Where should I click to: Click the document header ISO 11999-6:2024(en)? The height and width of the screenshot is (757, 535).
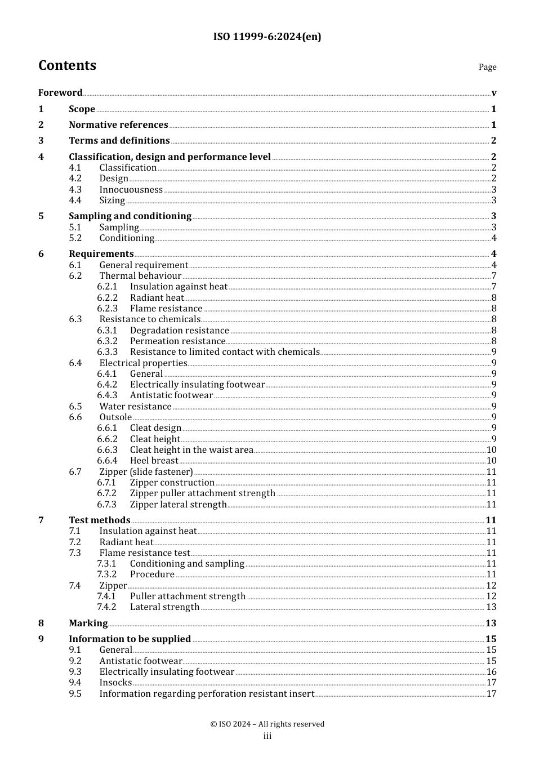(267, 37)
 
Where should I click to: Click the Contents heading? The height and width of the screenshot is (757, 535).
(67, 66)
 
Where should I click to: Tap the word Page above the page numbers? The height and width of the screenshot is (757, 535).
(487, 67)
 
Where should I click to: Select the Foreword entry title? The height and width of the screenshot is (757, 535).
(60, 93)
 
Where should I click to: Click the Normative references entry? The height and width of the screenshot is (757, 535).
(118, 125)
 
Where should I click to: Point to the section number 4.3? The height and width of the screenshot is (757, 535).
(75, 190)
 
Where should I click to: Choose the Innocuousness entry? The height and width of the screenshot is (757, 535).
(131, 190)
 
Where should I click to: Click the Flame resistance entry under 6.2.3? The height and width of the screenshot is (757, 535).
(166, 309)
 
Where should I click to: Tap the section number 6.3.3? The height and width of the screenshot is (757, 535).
(107, 352)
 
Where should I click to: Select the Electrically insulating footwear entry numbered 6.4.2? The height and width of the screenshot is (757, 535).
(197, 385)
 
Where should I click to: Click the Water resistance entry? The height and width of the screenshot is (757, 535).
(135, 407)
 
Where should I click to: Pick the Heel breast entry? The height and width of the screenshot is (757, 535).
(154, 461)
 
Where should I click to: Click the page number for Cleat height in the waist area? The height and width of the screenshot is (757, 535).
(491, 450)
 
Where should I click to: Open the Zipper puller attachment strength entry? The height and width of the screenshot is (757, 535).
(202, 493)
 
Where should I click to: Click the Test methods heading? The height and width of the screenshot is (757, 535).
(99, 520)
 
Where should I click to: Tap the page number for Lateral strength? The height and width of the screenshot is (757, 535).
(491, 607)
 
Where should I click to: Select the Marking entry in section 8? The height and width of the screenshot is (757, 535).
(88, 624)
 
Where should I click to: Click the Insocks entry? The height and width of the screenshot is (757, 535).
(115, 683)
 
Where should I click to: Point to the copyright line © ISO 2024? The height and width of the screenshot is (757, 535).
(267, 724)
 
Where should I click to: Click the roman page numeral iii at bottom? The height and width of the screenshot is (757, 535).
(267, 736)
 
